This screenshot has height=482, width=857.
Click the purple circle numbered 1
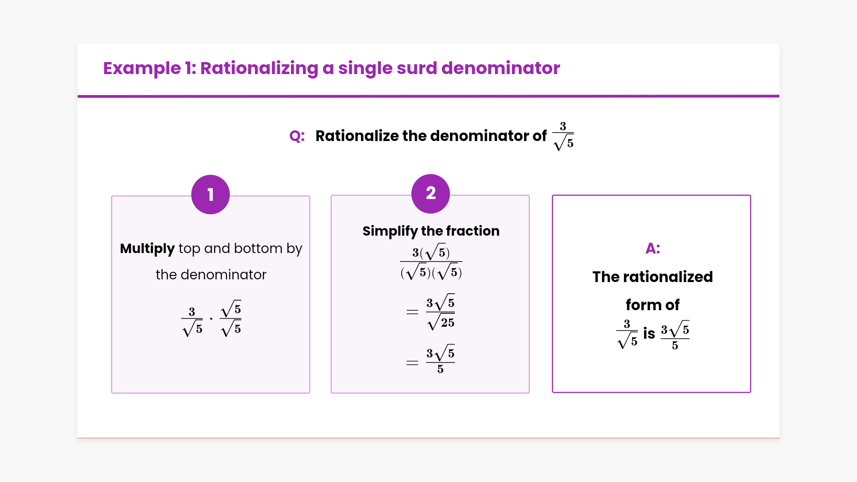(210, 195)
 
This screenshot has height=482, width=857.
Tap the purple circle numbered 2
(430, 193)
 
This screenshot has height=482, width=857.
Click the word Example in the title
(142, 68)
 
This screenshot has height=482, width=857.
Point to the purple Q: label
(297, 136)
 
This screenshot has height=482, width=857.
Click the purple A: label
(653, 248)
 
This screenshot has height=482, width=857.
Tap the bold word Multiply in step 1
(147, 249)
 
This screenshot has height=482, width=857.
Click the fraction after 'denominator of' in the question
(563, 136)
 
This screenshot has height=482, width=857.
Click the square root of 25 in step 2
(441, 322)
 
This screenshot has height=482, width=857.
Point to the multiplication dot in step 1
(211, 319)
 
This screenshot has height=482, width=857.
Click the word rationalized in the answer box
(668, 277)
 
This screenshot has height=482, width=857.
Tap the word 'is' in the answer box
(649, 333)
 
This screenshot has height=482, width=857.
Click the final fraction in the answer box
(675, 335)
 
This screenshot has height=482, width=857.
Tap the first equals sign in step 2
(412, 312)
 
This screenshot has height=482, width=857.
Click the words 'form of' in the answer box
(652, 305)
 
